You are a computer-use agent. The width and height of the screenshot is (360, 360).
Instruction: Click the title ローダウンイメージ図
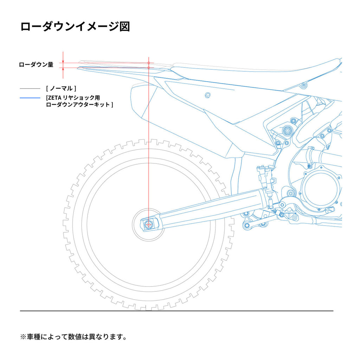point(75,27)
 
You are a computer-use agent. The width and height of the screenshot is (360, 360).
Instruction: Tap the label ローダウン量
point(36,65)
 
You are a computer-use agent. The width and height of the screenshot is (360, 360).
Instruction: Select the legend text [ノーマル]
point(61,88)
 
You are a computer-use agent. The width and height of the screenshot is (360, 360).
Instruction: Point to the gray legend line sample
point(30,89)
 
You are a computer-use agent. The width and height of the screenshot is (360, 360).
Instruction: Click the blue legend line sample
point(30,98)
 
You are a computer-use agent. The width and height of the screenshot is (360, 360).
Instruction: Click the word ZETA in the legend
point(54,98)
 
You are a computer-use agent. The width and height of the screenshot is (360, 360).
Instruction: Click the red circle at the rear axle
point(149,224)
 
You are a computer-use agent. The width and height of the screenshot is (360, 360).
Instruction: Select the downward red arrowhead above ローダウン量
point(63,60)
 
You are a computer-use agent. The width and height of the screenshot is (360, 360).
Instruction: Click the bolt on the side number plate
point(208,95)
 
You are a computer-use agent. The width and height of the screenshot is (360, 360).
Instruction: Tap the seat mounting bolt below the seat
point(304,85)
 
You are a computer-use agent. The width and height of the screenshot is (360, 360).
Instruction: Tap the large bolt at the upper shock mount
point(288,130)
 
